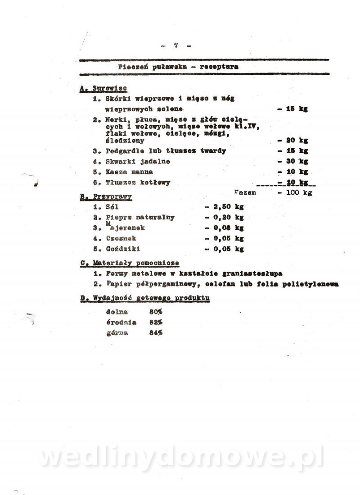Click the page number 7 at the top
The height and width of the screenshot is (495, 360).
coord(176,45)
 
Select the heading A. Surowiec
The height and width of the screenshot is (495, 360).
coord(103,89)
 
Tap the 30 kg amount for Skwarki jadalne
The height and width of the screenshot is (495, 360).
coord(297,161)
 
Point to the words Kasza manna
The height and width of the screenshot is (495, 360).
coord(129,172)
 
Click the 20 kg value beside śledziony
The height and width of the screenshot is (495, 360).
coord(297,141)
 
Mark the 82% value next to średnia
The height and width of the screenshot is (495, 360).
coord(156,322)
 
